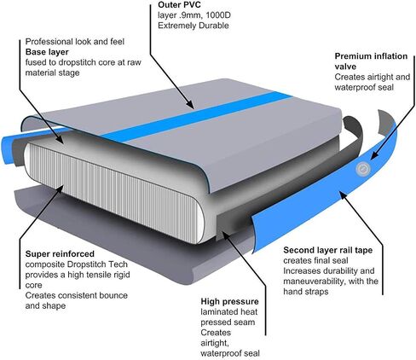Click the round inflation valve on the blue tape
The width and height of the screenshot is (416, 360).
point(363,169)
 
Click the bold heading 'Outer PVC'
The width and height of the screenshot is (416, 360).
point(179,5)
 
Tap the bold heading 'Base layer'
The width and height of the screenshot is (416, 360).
point(47,52)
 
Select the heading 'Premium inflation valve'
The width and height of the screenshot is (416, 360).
point(371,61)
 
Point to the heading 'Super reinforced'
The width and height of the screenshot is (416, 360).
point(60,253)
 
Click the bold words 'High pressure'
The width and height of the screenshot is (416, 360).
point(229,301)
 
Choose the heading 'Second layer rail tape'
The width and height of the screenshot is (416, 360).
point(327,250)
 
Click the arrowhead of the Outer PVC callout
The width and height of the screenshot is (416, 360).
point(190,104)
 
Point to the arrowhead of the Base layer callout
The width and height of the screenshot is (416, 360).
point(60,138)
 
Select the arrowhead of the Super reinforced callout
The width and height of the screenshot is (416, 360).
point(60,189)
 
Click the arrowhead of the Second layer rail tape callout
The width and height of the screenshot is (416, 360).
point(344,196)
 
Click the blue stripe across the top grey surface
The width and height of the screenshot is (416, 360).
point(196,116)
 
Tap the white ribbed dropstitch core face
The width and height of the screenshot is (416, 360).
point(113,194)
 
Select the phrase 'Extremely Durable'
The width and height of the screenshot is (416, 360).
point(194,26)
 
